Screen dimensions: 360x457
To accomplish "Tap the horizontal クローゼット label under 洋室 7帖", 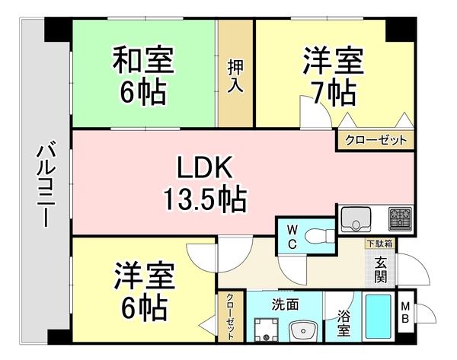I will click(376, 140).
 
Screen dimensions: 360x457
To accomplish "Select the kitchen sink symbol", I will click(354, 219).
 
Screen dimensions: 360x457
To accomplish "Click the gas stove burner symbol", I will click(399, 219).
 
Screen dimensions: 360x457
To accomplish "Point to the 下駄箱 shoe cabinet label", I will click(379, 245).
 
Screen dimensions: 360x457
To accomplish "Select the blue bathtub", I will click(379, 318).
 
